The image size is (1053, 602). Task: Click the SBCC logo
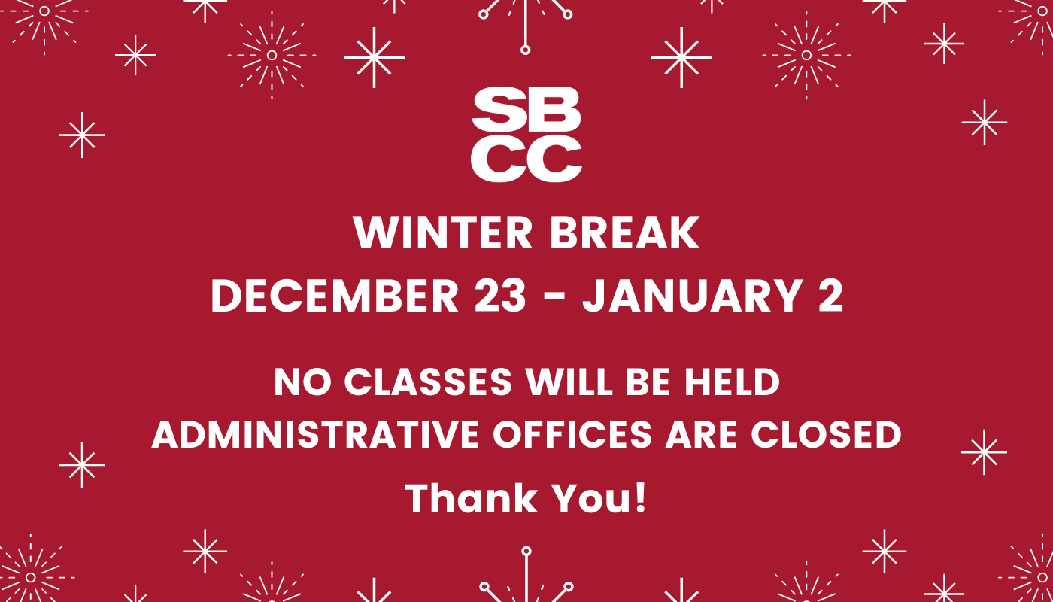pos(526,135)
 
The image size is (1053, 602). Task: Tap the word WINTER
pos(443,233)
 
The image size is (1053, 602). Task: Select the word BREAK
pos(625,233)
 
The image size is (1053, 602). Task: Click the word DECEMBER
pos(335,295)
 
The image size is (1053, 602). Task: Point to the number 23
pos(500,295)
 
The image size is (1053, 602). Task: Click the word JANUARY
pos(693,295)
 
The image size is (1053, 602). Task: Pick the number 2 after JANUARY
pos(830,295)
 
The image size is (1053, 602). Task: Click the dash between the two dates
pos(554,297)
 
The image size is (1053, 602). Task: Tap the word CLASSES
pos(428,382)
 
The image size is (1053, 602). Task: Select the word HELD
pos(732,382)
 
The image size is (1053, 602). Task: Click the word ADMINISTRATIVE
pos(315,435)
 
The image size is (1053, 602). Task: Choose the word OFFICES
pos(572,435)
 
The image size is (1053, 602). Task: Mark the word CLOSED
pos(826,435)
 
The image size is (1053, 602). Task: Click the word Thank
pos(472,498)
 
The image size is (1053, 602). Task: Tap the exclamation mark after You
pos(641,498)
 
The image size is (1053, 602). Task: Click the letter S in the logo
pos(498,110)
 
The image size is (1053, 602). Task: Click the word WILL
pos(569,382)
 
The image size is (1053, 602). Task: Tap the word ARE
pos(701,435)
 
